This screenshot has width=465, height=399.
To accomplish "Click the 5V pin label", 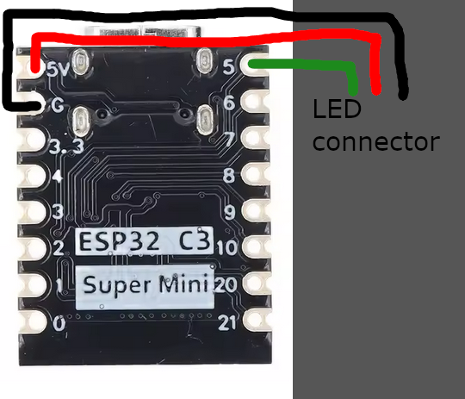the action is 59,71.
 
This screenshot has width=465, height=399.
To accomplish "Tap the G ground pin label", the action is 57,105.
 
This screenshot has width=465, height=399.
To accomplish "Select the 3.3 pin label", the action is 66,147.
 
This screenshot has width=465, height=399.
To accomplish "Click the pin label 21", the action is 227,323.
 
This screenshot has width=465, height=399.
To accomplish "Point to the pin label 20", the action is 226,285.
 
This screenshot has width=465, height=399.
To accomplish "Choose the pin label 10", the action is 227,247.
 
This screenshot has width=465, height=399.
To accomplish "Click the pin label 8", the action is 229,175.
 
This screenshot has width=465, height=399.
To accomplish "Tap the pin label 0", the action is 59,323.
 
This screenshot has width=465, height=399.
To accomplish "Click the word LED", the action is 337,109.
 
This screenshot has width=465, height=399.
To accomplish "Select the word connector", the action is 375,142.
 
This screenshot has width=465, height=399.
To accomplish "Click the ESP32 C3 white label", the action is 145,240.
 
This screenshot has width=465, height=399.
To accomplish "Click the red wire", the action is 208,39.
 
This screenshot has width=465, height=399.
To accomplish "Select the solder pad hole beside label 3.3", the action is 31,139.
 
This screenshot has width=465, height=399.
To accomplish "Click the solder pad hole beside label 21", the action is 257,320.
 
